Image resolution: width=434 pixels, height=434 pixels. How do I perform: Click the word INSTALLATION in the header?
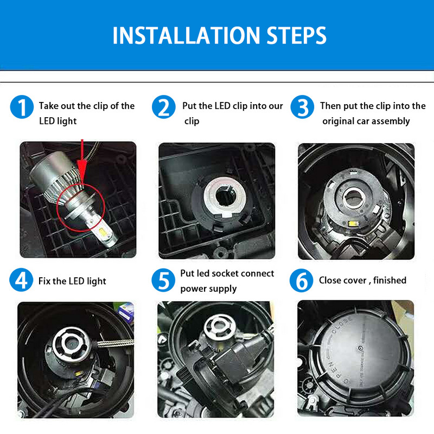coord(186,35)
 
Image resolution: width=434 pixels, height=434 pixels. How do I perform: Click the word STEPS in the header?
coord(296,35)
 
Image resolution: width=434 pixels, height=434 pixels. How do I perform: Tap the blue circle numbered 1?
coord(22,107)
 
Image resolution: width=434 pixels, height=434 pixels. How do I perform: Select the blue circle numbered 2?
coord(164,107)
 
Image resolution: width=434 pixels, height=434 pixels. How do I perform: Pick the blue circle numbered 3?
coord(302,107)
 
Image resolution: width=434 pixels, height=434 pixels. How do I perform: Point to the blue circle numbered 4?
coord(21,280)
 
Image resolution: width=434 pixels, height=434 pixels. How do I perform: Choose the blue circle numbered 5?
coord(163,280)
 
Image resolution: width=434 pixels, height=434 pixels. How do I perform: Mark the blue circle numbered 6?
coord(302,280)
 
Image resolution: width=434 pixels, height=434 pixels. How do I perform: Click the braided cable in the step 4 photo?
coord(115,343)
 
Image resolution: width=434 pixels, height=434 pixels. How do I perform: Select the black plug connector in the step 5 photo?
coord(238,360)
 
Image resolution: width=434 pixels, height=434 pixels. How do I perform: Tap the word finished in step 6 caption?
coord(390,280)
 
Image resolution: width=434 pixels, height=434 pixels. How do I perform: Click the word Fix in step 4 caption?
coord(44,281)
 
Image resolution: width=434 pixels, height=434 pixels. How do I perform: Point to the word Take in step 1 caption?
coord(48,106)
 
